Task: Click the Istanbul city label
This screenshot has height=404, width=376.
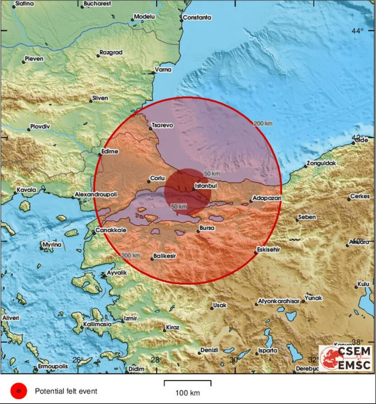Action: [206, 187]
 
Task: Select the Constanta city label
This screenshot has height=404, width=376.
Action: [197, 18]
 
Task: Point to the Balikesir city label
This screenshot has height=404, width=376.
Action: [165, 255]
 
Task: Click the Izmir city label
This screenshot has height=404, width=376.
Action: [130, 318]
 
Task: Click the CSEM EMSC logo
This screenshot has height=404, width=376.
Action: [345, 358]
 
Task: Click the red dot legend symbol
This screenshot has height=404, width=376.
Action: [19, 390]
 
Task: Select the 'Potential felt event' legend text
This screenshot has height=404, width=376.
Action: [66, 390]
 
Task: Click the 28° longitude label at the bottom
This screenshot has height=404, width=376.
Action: [157, 360]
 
